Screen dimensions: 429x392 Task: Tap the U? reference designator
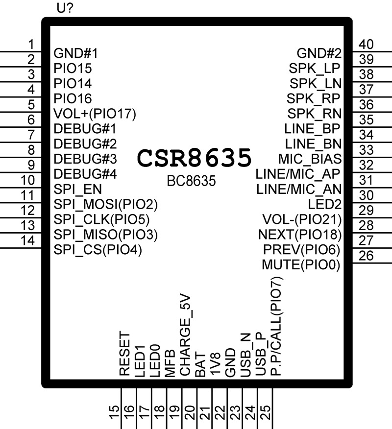[66, 9]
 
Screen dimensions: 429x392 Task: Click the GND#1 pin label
[76, 53]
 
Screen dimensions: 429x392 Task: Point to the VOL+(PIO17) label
[95, 114]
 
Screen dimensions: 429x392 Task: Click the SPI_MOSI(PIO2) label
[106, 204]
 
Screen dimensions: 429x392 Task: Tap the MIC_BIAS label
[309, 159]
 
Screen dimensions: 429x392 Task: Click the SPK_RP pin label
[314, 98]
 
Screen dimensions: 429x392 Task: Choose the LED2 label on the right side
[324, 204]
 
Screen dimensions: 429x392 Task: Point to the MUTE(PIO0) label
[301, 265]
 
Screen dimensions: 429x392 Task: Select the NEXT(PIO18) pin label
[299, 235]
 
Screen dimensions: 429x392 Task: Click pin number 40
[366, 45]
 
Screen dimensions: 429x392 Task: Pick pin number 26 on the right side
[366, 256]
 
